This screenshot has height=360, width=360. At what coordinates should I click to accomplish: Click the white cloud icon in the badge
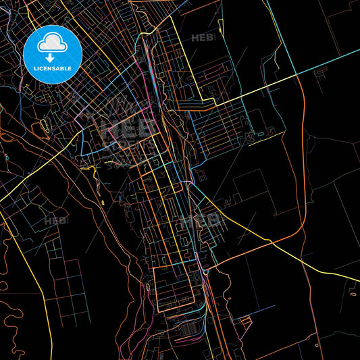pyautogui.click(x=52, y=43)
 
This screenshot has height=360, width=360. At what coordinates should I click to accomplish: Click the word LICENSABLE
pyautogui.click(x=53, y=68)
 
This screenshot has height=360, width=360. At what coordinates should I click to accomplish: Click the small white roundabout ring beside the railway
pyautogui.click(x=204, y=273)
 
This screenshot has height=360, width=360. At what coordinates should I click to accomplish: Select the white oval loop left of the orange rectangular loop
pyautogui.click(x=147, y=288)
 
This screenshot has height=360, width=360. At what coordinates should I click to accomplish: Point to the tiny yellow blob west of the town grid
pyautogui.click(x=103, y=202)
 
